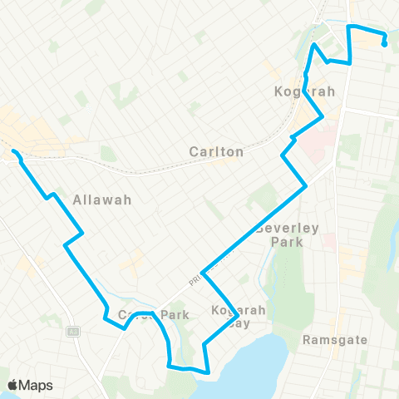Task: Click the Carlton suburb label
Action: coord(215,152)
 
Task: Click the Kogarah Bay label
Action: coord(239,316)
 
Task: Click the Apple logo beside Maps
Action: coord(12,385)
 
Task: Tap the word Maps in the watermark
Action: coord(37,385)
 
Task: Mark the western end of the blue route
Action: coord(14,151)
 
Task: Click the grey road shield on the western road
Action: coord(73,331)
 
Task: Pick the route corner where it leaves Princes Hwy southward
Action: coord(202,272)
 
